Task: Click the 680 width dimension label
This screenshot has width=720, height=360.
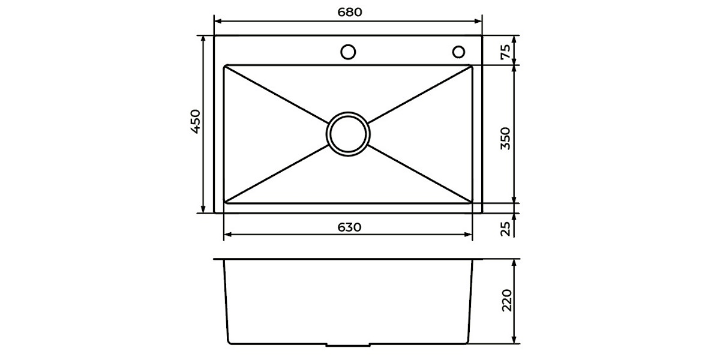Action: point(349,12)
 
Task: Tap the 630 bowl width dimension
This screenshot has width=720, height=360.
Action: point(349,227)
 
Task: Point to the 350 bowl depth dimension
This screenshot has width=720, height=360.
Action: point(505,138)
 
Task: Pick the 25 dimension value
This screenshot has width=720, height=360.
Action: point(505,228)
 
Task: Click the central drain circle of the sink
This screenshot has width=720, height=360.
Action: point(348,133)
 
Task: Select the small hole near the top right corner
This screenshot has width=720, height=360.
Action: point(458,52)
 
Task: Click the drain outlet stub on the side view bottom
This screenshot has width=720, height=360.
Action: point(348,346)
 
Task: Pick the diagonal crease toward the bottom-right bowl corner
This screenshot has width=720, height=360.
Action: point(420,174)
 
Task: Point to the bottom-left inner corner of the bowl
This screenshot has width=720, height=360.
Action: point(226,202)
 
